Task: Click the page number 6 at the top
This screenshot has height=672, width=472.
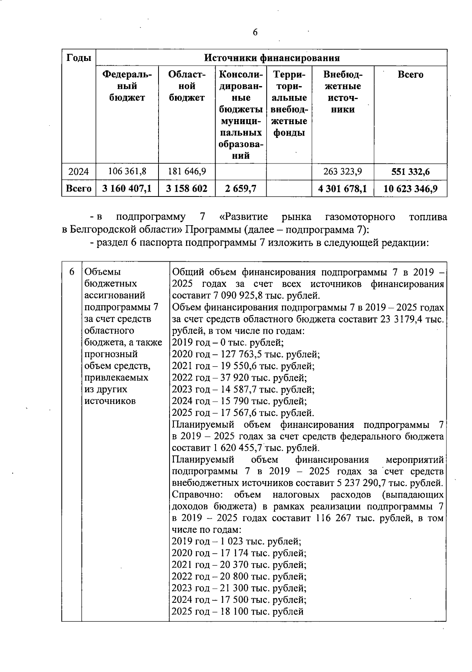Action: [x=255, y=33]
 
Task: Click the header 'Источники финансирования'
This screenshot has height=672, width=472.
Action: [x=272, y=59]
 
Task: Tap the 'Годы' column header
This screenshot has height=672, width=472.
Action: [x=79, y=58]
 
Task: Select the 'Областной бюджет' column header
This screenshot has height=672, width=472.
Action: [x=187, y=86]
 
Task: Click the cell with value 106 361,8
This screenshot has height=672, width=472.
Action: [x=127, y=172]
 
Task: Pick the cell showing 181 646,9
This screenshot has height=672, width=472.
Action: [x=186, y=172]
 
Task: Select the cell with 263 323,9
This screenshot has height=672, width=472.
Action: [x=342, y=172]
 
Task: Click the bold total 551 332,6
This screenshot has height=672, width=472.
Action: [x=410, y=172]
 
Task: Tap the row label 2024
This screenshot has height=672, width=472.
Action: [x=79, y=172]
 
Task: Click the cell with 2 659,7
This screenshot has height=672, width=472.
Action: [x=240, y=189]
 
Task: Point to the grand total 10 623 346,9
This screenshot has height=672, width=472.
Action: [x=410, y=189]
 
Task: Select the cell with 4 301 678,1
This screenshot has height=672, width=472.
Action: [x=342, y=189]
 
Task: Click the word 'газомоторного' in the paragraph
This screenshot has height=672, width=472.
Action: [x=360, y=217]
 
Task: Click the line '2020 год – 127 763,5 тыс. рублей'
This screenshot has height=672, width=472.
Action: [x=246, y=354]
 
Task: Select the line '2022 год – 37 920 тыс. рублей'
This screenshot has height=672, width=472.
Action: [x=239, y=378]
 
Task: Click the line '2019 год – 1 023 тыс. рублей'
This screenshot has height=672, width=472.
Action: [x=237, y=542]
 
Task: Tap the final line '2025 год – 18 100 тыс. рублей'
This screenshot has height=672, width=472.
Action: [x=238, y=612]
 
